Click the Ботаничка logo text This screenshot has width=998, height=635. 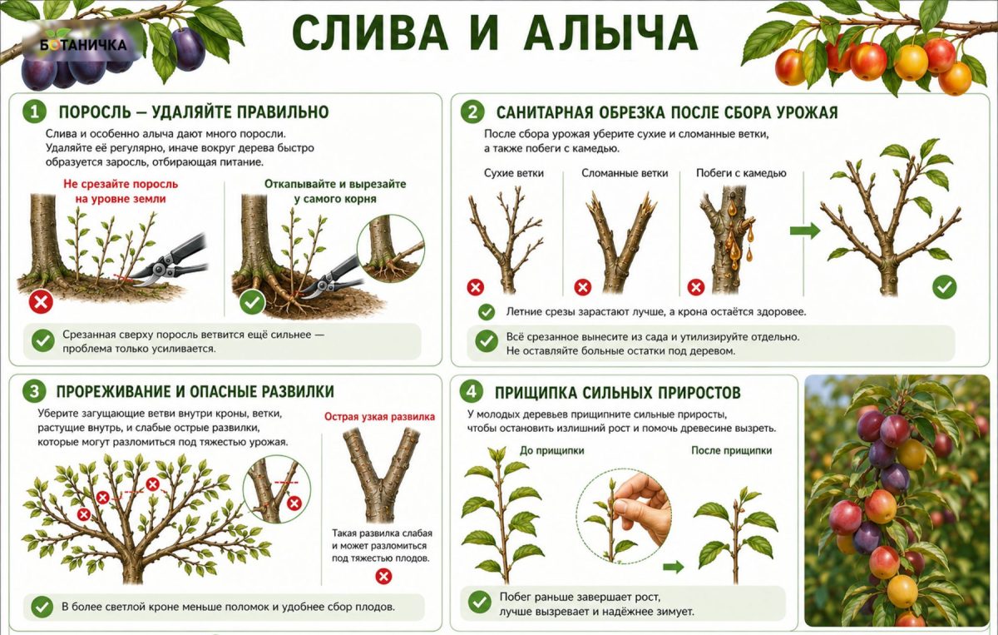(x=83, y=45)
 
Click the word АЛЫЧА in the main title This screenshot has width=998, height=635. (x=610, y=33)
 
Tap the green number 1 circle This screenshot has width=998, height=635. (x=34, y=112)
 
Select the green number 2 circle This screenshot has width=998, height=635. (x=472, y=112)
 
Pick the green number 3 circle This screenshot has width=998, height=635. (x=34, y=391)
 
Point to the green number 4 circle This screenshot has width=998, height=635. (x=472, y=392)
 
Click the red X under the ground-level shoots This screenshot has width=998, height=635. (x=41, y=302)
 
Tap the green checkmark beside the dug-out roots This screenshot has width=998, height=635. (x=252, y=302)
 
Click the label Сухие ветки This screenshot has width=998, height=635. (x=514, y=173)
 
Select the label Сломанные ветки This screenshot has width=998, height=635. (x=625, y=173)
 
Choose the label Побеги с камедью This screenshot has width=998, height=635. (x=741, y=173)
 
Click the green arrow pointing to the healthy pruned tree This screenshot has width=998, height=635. (x=805, y=231)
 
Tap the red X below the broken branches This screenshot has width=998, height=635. (x=583, y=287)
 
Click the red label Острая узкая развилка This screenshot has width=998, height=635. (x=379, y=416)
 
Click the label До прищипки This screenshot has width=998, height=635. (x=551, y=450)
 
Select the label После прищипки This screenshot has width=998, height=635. (x=731, y=450)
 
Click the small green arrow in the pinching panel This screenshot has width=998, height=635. (x=673, y=568)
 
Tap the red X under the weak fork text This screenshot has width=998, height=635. (x=383, y=576)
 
